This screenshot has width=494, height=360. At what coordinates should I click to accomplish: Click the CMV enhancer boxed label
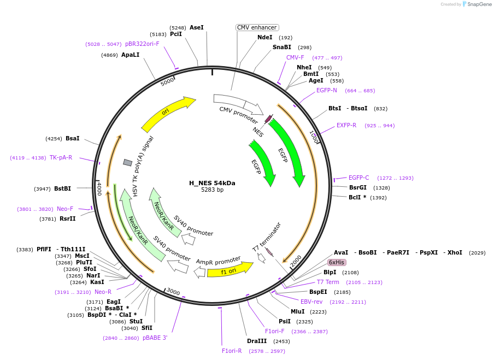pos(257,27)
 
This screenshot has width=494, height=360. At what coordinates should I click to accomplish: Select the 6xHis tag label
pos(337,262)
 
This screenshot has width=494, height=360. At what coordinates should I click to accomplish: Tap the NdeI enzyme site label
pos(264,37)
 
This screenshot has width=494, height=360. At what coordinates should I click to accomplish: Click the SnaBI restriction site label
pos(281,48)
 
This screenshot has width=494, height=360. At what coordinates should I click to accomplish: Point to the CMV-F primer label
pos(295,57)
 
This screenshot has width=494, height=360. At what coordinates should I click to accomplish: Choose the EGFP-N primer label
pos(327,91)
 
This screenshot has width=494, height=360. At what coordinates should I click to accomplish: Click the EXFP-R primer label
pos(346,126)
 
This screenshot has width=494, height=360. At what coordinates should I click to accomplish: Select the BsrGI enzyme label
pos(358,187)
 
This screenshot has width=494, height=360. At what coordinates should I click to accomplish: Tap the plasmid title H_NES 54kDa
pos(212,183)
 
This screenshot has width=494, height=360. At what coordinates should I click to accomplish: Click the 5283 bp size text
pos(212,190)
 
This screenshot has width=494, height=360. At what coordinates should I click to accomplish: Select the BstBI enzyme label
pos(62,189)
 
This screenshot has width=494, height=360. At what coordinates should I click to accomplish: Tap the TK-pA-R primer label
pos(61,157)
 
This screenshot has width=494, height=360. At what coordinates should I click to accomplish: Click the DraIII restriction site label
pos(257,341)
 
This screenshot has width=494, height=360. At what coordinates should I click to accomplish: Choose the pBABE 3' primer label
pos(155,338)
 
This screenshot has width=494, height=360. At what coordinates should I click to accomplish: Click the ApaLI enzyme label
pos(130,55)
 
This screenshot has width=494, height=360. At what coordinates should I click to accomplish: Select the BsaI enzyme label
pos(72,139)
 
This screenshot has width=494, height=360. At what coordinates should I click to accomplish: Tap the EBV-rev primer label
pos(311,302)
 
